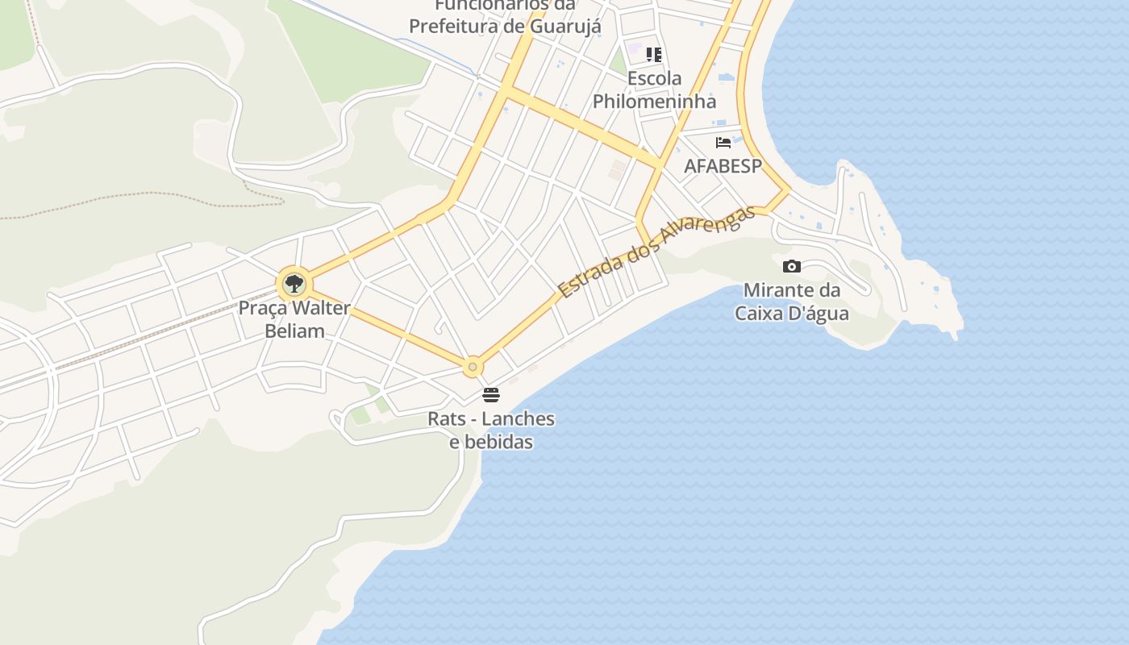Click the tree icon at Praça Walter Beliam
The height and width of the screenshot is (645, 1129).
coord(294,283)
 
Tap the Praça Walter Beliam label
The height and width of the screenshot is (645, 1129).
coord(294,319)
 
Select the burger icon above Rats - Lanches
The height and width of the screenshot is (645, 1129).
coord(491,395)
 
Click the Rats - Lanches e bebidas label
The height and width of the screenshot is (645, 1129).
coord(491,431)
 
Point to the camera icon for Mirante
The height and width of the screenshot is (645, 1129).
coord(792,266)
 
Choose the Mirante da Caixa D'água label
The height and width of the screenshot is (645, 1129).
coord(792,302)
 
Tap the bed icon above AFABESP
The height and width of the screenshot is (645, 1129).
coord(723,143)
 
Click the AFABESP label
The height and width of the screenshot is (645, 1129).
coord(723,166)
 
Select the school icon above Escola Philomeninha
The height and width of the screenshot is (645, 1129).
coord(654,55)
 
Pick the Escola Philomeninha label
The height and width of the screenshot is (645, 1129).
coord(654,89)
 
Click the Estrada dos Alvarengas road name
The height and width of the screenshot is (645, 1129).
coord(656,251)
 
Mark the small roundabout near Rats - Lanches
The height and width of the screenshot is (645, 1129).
coord(473,367)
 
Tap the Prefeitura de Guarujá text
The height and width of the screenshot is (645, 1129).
coord(505,26)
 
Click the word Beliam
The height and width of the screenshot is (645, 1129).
coord(294,331)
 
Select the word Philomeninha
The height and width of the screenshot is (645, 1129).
coord(654,102)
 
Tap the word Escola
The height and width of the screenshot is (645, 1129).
coord(654,78)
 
